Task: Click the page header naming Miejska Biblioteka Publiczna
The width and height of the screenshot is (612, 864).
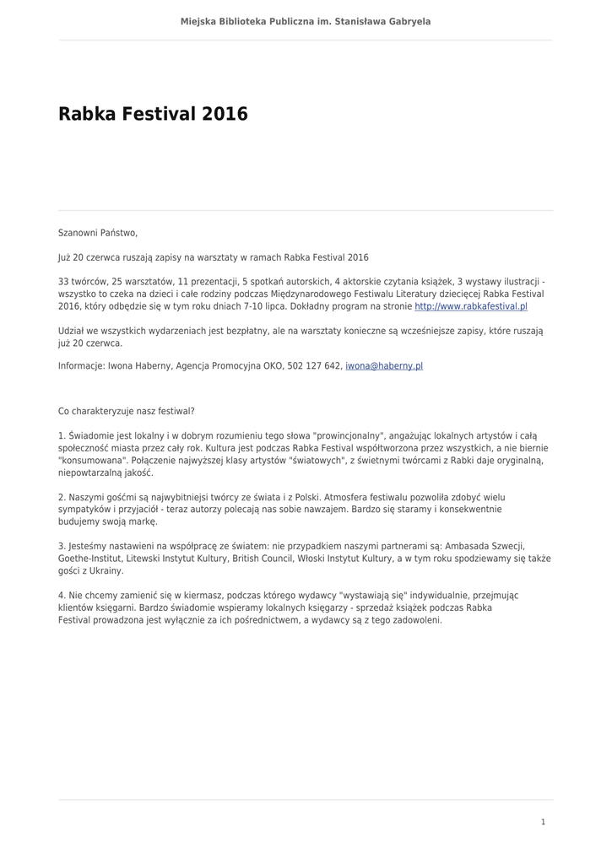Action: [x=306, y=21]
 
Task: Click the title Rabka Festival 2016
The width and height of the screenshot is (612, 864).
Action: [x=153, y=114]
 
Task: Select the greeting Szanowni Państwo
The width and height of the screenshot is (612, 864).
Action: [x=97, y=233]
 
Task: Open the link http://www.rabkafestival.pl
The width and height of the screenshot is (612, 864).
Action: [x=470, y=306]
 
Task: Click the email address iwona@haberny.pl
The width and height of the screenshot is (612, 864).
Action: [x=384, y=367]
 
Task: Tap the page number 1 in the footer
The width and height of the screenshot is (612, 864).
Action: [x=543, y=821]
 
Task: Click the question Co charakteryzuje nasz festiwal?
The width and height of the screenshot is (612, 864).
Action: [x=126, y=411]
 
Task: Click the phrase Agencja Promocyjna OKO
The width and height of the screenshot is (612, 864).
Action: [x=224, y=367]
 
